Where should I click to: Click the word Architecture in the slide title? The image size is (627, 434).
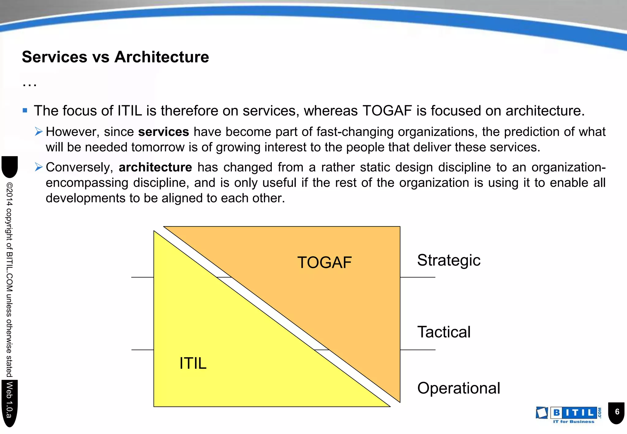coord(162,57)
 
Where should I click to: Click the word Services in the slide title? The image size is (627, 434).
coord(54,57)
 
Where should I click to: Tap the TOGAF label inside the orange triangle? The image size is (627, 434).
coord(324,263)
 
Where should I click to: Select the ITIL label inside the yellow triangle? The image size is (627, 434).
coord(193,364)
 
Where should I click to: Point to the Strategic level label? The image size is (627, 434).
coord(449,260)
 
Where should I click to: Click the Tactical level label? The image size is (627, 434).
coord(444,332)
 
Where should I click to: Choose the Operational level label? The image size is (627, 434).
coord(458,388)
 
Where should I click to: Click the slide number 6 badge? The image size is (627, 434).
coord(617,412)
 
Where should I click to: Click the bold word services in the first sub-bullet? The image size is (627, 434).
coord(163,132)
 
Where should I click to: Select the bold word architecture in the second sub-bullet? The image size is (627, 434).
coord(155,167)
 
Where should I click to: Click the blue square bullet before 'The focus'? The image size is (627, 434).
coord(25,110)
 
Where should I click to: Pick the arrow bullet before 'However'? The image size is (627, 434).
coord(39,132)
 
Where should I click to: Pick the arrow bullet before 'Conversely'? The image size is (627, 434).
coord(39,167)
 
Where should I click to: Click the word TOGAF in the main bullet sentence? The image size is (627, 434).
coord(387,111)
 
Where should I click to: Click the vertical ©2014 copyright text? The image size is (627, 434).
coord(9,279)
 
